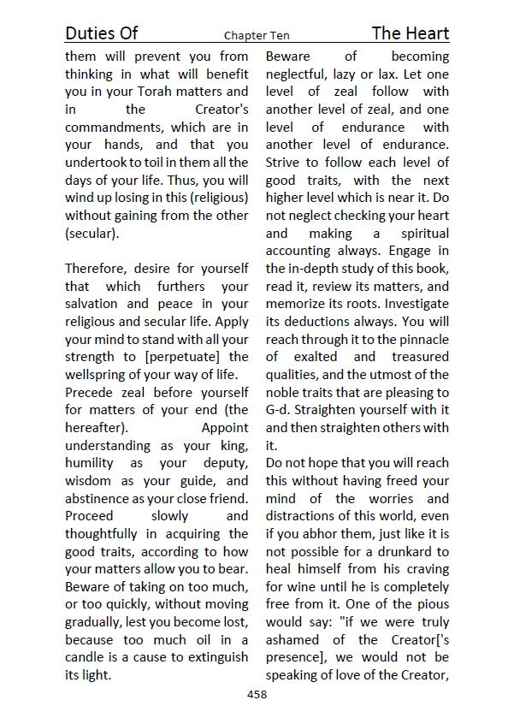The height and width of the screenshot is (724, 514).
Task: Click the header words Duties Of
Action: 101,33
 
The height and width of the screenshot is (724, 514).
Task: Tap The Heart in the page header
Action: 410,33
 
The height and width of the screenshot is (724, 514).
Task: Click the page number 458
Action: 257,694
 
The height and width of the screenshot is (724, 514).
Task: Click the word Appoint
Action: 224,428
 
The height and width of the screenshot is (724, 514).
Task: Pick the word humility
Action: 92,463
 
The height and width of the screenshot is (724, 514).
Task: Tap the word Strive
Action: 285,163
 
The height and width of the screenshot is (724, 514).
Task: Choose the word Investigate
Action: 412,304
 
